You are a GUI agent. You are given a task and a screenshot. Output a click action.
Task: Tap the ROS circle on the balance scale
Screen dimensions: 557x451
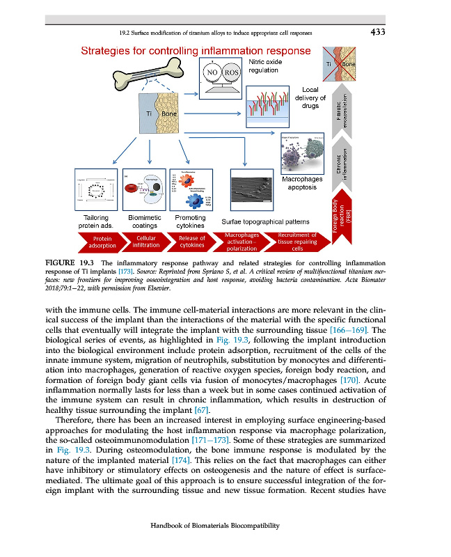point(232,72)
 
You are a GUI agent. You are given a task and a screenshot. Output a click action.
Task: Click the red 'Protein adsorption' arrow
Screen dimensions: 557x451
point(103,242)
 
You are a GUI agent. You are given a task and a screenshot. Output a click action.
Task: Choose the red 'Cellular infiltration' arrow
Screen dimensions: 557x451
point(146,242)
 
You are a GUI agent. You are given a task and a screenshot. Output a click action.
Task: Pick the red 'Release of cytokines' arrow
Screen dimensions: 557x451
point(191,242)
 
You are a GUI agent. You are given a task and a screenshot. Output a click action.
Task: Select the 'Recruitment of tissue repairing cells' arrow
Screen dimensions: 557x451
point(296,242)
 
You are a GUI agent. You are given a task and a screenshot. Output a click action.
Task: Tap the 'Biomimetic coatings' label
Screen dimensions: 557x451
point(145,221)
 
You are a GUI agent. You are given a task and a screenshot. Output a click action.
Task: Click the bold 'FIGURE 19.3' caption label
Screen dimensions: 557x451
point(68,261)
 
